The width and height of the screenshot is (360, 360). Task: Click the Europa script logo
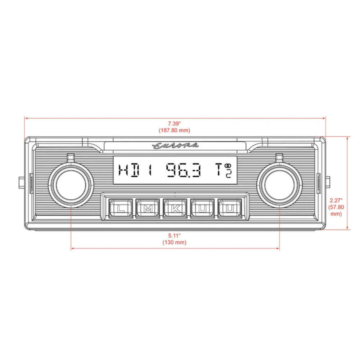175,145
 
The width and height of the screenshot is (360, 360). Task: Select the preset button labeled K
175,208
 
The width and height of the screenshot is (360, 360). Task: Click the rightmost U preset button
229,208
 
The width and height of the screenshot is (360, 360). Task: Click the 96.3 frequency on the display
183,171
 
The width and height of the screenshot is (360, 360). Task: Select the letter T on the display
219,170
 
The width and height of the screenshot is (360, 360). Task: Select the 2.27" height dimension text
336,200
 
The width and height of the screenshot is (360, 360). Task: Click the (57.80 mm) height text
336,210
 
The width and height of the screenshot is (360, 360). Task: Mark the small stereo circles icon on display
228,166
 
